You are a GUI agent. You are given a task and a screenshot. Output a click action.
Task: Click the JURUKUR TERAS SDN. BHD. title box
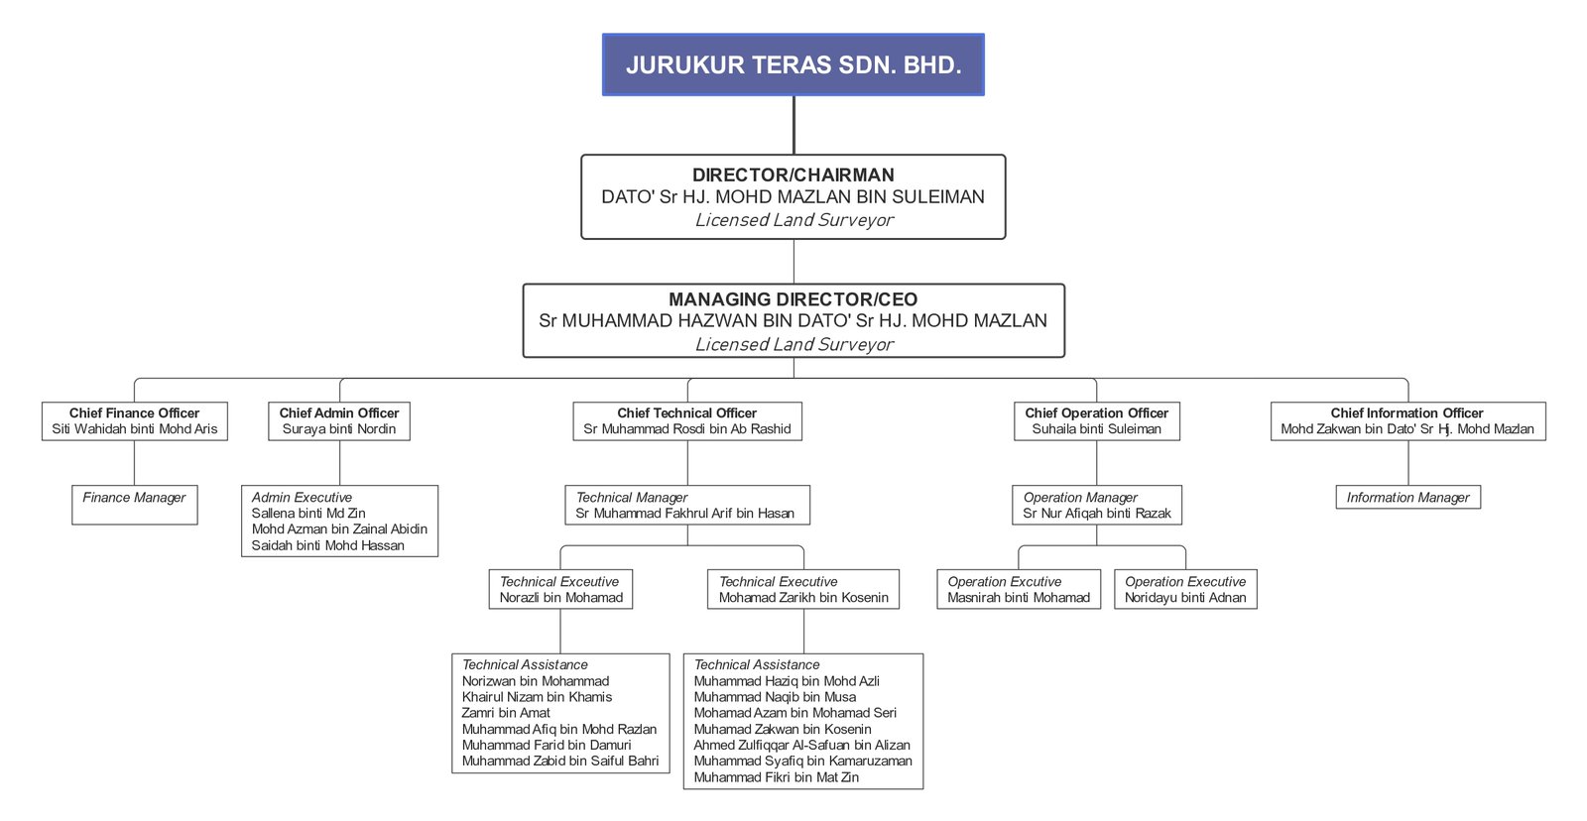pos(793,65)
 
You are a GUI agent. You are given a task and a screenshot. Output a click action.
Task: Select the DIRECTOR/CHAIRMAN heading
pos(793,176)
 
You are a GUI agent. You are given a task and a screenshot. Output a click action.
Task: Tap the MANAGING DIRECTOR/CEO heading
pos(793,299)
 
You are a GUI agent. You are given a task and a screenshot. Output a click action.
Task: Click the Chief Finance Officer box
pos(134,420)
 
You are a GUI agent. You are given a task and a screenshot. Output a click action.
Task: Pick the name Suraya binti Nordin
pos(338,429)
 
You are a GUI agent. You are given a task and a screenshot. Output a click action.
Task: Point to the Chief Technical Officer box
pos(686,420)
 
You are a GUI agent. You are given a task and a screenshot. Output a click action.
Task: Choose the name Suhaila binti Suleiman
pos(1096,429)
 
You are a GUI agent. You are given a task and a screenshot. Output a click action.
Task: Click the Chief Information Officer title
pos(1406,412)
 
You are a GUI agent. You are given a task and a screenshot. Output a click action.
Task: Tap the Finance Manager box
pos(134,504)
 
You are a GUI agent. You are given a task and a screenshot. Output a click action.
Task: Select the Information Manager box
pos(1407,497)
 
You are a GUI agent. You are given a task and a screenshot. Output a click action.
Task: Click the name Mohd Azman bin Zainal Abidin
pos(339,529)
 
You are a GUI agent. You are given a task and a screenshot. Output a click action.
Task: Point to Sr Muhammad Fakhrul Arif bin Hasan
pos(684,514)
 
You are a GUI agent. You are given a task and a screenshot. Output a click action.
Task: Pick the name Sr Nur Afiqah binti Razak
pos(1097,514)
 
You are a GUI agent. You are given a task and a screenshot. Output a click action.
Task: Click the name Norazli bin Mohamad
pos(561,598)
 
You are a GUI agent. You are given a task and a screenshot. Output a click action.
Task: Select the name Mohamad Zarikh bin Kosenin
pos(803,598)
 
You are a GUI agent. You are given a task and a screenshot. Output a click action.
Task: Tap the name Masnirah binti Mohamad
pos(1019,598)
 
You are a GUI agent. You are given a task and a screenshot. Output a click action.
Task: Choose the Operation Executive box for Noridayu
pos(1185,589)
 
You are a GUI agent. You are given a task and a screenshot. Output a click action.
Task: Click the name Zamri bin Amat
pos(506,713)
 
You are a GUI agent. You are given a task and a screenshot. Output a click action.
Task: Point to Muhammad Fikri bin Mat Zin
pos(777,777)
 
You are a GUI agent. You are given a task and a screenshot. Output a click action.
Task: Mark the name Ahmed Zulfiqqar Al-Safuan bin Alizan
pos(801,746)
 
